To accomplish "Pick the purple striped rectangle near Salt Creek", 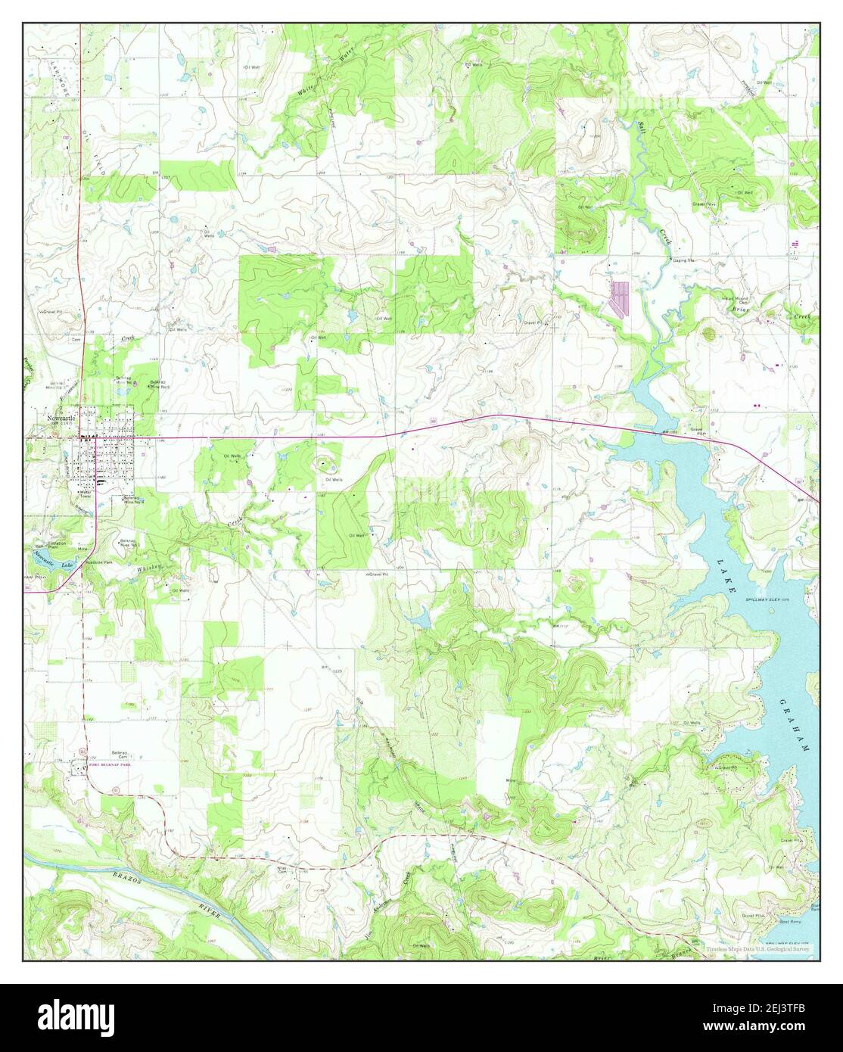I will (x=620, y=297).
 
